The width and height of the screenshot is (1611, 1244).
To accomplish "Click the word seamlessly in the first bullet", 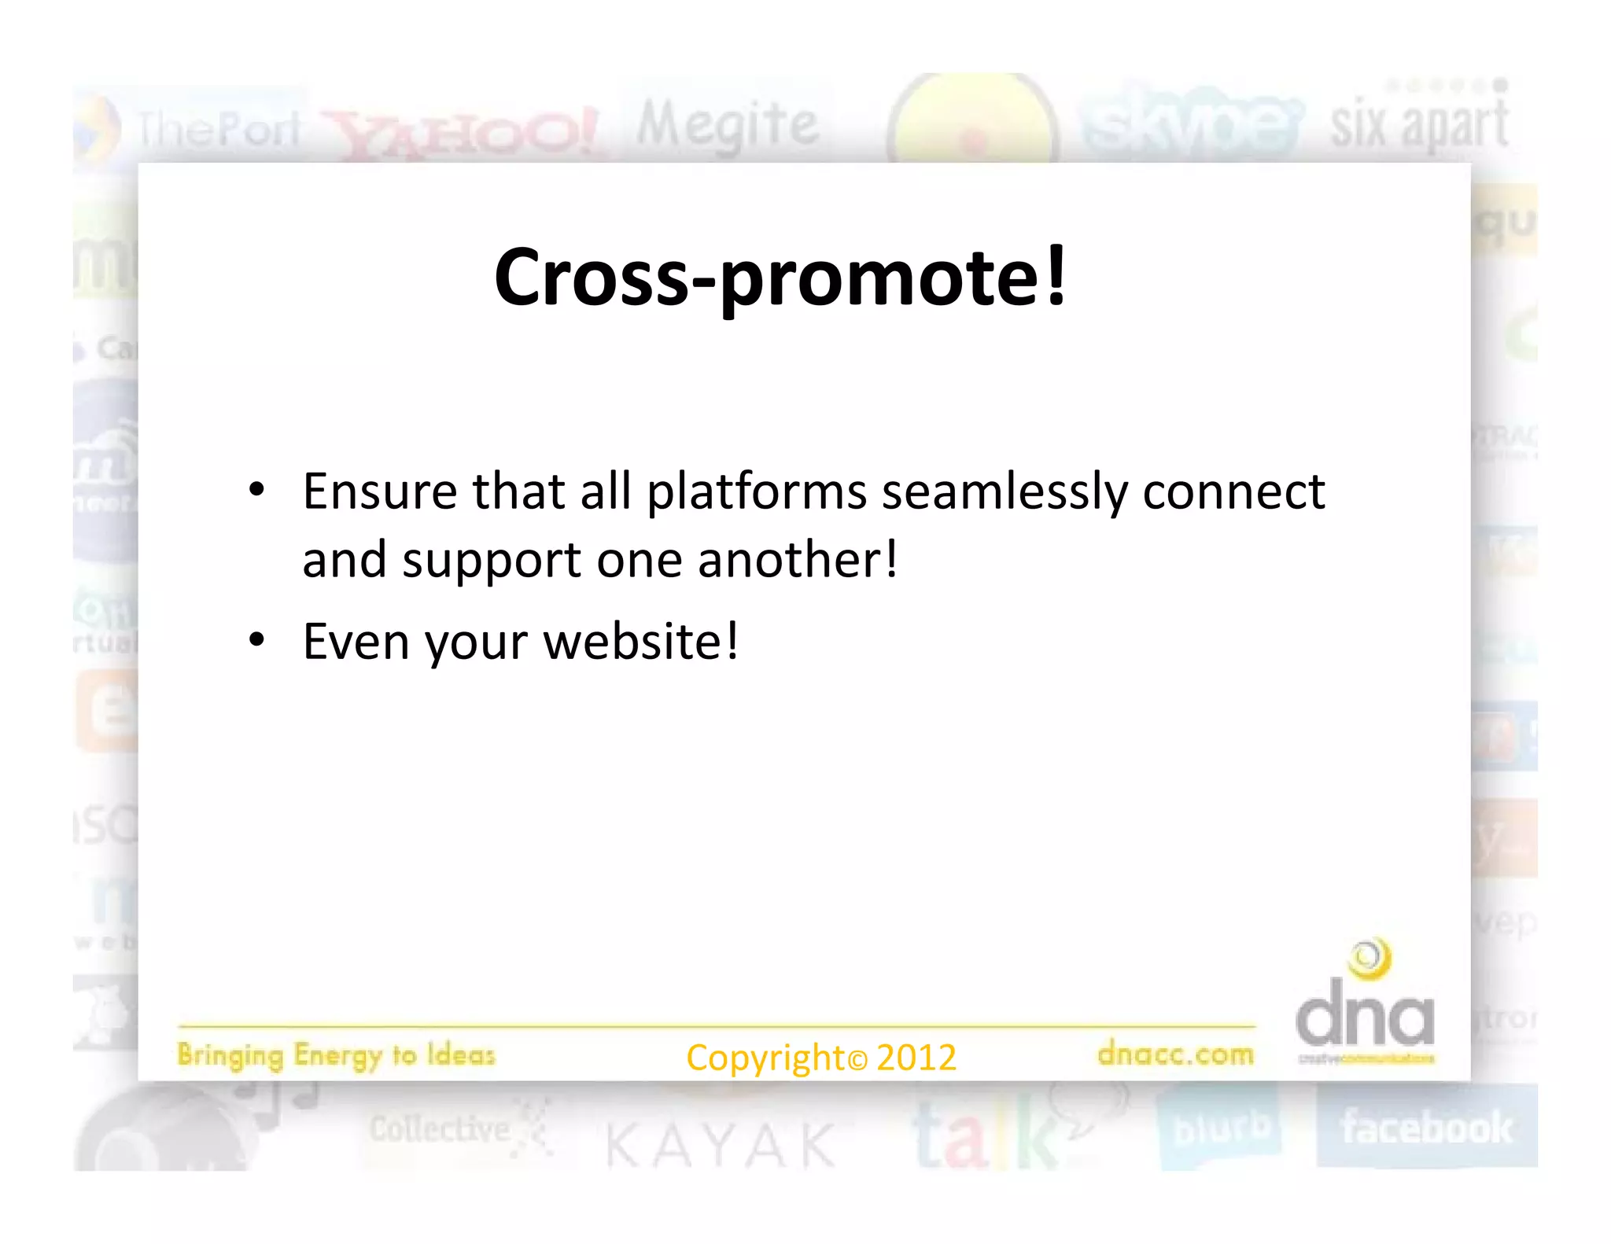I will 1005,492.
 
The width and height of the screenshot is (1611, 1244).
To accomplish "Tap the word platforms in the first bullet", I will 756,492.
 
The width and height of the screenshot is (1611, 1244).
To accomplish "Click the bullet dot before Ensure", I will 256,490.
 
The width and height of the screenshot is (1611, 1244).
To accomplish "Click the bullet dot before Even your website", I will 256,639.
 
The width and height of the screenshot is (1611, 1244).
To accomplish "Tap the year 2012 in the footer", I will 916,1058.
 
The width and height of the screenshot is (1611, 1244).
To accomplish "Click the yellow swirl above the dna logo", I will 1370,959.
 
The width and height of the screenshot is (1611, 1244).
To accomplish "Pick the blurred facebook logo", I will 1426,1128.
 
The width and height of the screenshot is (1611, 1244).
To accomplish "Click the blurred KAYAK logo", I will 721,1145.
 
